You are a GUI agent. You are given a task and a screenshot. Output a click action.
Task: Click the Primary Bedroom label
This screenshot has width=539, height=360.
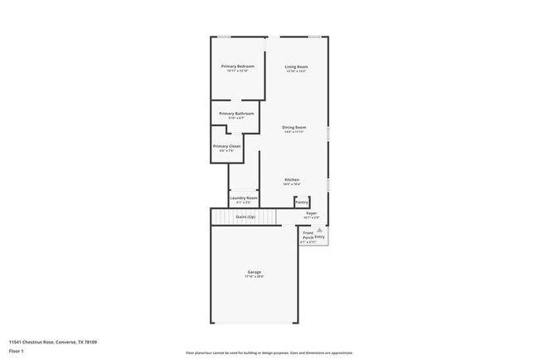(x=237, y=66)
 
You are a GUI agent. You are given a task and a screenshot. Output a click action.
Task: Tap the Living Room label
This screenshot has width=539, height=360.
(x=296, y=66)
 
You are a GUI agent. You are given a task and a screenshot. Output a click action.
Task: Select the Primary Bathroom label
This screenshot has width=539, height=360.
(x=236, y=114)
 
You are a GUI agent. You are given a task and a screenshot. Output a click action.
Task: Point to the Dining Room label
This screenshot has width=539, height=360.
(x=294, y=127)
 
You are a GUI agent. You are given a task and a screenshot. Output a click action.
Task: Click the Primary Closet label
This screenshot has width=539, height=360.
(x=226, y=146)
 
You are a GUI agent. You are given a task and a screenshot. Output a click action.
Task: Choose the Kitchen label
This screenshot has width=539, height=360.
(x=292, y=180)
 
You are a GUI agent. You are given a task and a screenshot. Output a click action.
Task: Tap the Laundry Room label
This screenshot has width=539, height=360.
(x=244, y=198)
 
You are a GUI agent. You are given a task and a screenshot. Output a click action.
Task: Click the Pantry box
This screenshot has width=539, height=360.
(x=302, y=202)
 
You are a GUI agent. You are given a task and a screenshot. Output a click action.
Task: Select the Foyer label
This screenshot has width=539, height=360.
(x=312, y=213)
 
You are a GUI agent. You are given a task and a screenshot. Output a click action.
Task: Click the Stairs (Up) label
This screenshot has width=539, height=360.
(x=245, y=216)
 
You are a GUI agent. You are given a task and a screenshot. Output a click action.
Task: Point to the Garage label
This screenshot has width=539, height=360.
(x=254, y=272)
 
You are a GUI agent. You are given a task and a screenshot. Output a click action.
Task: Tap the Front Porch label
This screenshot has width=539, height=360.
(x=308, y=235)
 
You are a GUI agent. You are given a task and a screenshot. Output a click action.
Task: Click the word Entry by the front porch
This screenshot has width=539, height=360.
(x=319, y=237)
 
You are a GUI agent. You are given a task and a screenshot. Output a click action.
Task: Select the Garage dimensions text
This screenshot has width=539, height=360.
(x=254, y=277)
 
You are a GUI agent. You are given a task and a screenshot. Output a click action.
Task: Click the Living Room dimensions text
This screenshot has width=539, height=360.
(x=296, y=71)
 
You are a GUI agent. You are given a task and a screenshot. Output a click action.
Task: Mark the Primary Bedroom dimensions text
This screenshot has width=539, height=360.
(x=237, y=71)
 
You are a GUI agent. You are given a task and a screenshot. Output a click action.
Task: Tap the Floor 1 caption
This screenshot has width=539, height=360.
(x=17, y=351)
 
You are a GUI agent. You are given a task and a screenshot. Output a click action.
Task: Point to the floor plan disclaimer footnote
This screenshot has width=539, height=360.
(x=269, y=353)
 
